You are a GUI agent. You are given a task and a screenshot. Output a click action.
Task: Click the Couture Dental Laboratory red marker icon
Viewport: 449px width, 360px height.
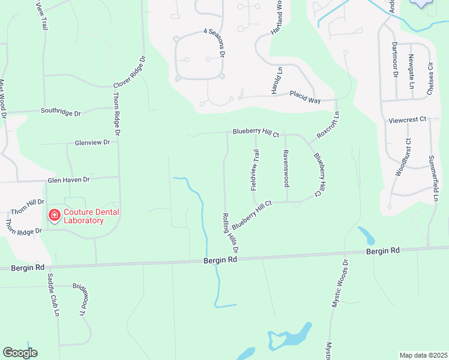54,215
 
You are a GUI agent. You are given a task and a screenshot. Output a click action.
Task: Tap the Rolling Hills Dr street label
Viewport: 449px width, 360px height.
231,232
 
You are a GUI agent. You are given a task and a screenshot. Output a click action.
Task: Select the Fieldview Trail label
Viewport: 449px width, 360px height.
255,170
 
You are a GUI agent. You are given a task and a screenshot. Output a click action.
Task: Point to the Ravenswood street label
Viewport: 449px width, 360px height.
286,167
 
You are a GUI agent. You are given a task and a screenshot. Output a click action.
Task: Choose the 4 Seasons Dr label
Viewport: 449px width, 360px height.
213,43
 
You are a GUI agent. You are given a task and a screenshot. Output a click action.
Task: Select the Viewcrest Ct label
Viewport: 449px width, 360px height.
407,120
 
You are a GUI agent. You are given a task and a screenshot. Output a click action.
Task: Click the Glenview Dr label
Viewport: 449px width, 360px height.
92,143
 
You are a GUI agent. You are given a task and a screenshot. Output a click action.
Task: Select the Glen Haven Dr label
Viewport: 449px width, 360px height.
68,179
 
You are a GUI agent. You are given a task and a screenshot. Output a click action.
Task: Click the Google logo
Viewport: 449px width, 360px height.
20,353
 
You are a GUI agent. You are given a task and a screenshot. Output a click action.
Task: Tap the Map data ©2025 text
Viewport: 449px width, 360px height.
423,355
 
